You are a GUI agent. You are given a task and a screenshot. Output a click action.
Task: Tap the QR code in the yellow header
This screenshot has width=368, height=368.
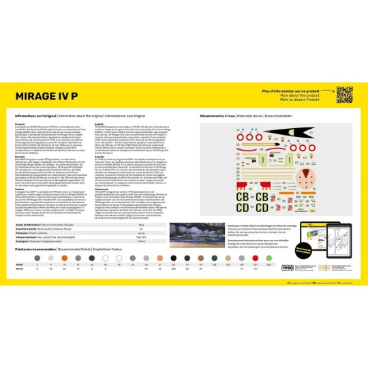click(344, 93)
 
